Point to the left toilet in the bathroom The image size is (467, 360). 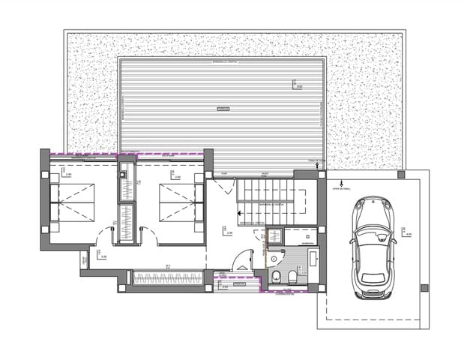(277, 278)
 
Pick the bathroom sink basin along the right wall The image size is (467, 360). (313, 262)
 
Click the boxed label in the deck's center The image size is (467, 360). (222, 109)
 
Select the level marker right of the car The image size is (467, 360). (408, 233)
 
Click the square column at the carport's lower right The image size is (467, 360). (425, 288)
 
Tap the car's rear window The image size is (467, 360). (373, 276)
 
